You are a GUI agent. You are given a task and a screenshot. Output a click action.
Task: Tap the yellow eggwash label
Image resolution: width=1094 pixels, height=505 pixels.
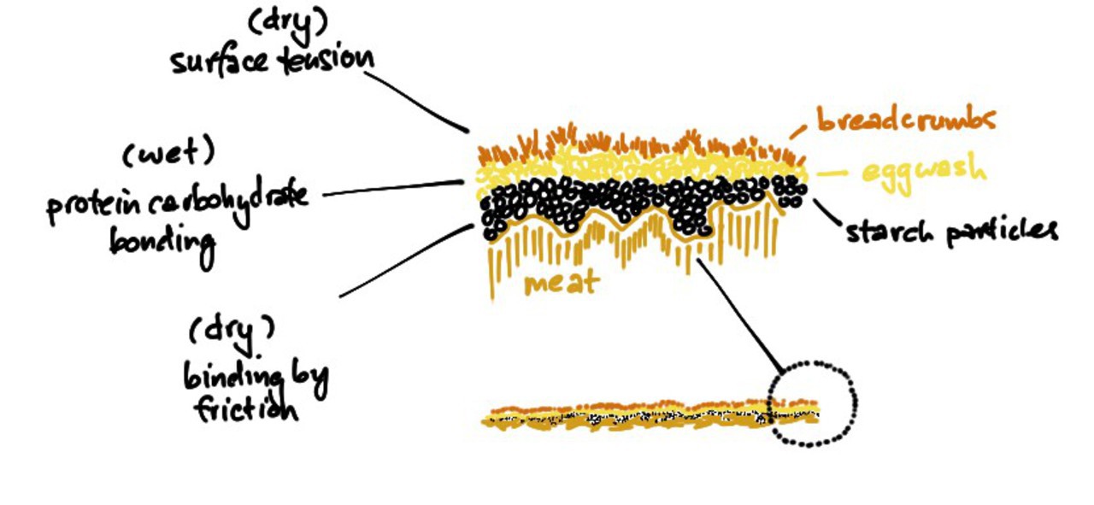coord(923,171)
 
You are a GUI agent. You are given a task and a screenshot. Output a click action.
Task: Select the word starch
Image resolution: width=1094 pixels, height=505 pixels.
coord(890,231)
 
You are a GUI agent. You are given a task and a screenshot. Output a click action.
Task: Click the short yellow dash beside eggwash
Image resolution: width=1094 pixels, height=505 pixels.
coord(832,173)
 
